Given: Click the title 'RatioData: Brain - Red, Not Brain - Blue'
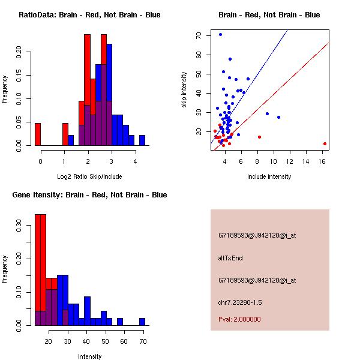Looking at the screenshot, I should coord(89,15).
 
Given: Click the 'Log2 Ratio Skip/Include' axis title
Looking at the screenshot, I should coord(89,176).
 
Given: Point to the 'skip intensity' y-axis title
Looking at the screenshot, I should coord(185,89).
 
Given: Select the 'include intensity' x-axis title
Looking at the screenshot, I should coord(269,176).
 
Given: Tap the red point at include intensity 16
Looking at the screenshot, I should coord(325,143).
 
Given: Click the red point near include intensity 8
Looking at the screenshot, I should coord(259,137).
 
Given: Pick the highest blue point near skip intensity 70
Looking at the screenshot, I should coord(220,34).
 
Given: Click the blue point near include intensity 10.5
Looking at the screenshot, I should coord(278,117).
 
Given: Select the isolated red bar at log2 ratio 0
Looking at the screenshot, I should coord(38,134).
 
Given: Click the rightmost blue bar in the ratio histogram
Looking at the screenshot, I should coord(142,140).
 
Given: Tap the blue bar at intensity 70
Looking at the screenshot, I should coord(142,322).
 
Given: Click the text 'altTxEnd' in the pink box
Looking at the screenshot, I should coord(231,258).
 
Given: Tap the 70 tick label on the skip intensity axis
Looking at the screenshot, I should coord(197,35).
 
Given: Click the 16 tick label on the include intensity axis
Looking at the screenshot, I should coord(325,161).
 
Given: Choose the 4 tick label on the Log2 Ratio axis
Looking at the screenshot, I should coord(136,161).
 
